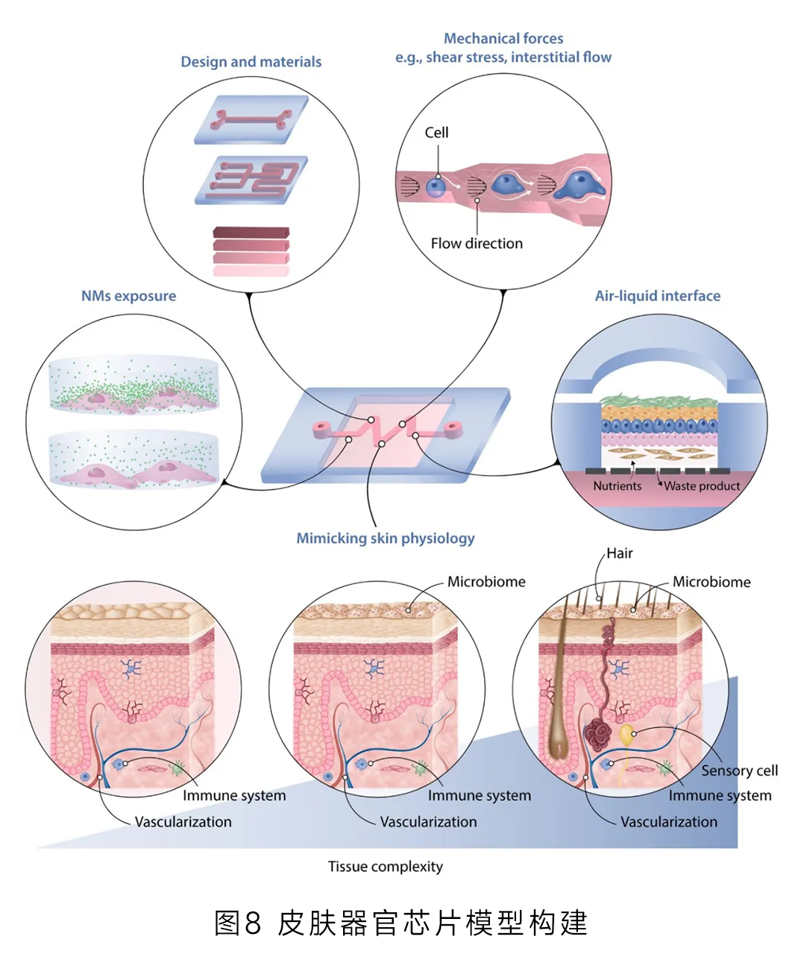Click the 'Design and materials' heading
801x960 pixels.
tap(251, 62)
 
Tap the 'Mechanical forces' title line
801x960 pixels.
tap(503, 38)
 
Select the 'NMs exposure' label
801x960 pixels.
tap(128, 296)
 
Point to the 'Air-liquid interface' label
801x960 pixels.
tap(657, 296)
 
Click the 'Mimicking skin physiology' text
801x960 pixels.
tap(385, 538)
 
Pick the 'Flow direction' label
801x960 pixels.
tap(477, 243)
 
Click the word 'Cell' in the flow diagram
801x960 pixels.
tap(436, 133)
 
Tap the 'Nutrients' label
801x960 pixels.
tap(617, 486)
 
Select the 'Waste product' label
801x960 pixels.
tap(702, 486)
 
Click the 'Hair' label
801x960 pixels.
tap(619, 553)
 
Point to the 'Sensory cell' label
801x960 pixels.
tap(739, 771)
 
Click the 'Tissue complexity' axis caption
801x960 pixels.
tap(385, 867)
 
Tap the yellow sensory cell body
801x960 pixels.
tap(627, 735)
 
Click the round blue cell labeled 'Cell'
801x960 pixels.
tap(436, 186)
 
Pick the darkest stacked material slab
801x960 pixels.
tap(251, 233)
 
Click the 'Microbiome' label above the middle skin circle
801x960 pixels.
tap(486, 582)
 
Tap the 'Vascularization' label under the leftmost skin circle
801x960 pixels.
tap(183, 822)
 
